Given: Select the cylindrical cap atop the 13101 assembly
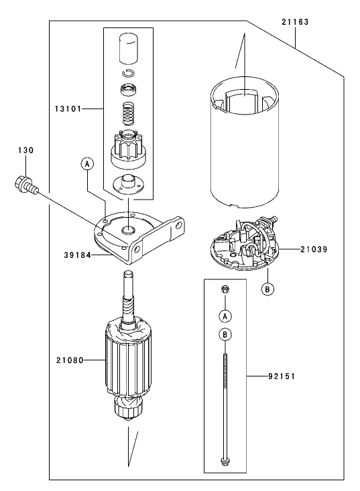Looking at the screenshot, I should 127,48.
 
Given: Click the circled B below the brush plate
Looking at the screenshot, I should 267,289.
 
